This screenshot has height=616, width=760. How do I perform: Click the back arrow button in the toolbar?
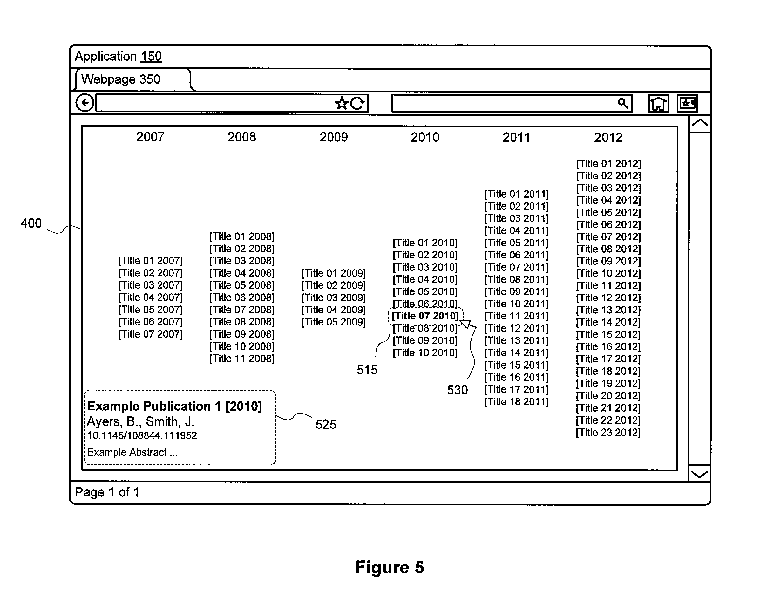click(85, 103)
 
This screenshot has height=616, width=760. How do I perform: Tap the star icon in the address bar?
click(342, 103)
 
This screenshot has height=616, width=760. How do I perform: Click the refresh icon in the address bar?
click(357, 103)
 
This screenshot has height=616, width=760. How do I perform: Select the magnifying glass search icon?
click(623, 103)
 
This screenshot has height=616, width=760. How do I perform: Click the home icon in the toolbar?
click(659, 104)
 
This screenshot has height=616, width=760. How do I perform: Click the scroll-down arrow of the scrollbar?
click(699, 474)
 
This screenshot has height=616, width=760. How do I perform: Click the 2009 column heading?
click(334, 137)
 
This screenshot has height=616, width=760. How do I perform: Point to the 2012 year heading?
click(608, 137)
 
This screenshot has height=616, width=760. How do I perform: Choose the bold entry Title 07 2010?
click(425, 316)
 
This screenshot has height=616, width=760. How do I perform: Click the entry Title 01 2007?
click(150, 261)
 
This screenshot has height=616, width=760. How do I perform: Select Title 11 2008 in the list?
click(242, 359)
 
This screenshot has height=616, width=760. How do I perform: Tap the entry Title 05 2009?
click(334, 322)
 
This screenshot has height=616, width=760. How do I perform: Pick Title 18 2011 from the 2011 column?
click(517, 402)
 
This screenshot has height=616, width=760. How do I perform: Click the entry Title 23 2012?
click(608, 433)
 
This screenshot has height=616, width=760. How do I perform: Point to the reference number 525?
click(326, 424)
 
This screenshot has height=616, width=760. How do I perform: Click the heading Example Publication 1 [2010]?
click(174, 406)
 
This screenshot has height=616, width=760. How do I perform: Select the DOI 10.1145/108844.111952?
click(142, 435)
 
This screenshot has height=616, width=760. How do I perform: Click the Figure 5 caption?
click(390, 567)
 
